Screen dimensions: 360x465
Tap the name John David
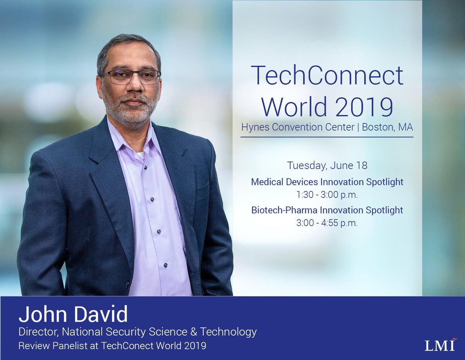[x=73, y=315]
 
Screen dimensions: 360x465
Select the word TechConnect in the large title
[x=327, y=76]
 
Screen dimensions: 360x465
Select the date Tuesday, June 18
[x=327, y=165]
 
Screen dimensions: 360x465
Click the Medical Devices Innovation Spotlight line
[x=327, y=182]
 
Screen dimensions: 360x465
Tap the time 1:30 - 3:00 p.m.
[x=327, y=195]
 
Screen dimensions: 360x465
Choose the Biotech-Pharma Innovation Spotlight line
[x=327, y=210]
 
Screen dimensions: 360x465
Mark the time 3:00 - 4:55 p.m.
[x=327, y=223]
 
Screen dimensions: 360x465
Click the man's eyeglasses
[x=132, y=77]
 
